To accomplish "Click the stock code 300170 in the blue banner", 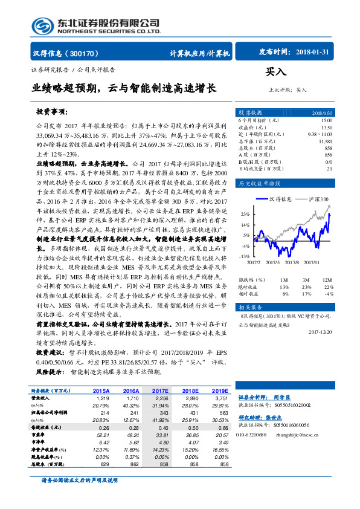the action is [86, 53].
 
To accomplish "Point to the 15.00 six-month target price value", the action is [326, 121].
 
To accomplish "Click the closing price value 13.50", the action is [326, 128].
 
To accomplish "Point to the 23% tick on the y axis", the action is [245, 215].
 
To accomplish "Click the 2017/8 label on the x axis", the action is [292, 262].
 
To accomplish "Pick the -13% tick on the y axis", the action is [243, 256].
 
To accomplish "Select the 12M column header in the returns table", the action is [327, 280].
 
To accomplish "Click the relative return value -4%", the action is [327, 293].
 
